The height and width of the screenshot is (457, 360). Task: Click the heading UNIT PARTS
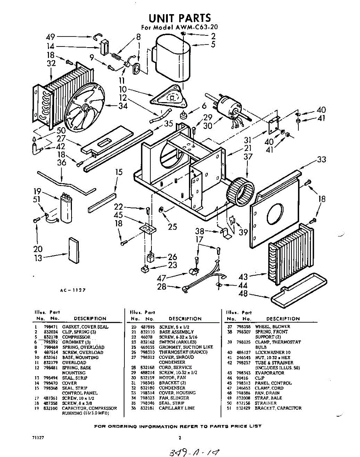pyautogui.click(x=179, y=18)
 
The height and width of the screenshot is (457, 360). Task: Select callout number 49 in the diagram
pyautogui.click(x=51, y=37)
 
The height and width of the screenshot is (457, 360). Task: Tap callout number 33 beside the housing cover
pyautogui.click(x=322, y=160)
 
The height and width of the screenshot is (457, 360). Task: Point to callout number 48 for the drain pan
pyautogui.click(x=243, y=294)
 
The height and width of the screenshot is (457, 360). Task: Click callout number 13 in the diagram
pyautogui.click(x=37, y=258)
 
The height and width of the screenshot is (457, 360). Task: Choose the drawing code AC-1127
pyautogui.click(x=72, y=290)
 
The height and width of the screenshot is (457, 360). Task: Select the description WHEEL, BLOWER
pyautogui.click(x=272, y=327)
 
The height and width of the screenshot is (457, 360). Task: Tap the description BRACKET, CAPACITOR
pyautogui.click(x=278, y=408)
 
